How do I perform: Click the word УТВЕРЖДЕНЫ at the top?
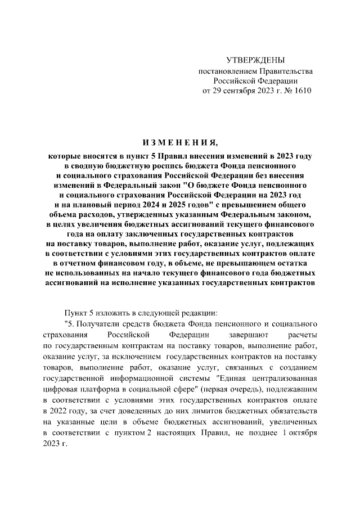click(255, 60)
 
